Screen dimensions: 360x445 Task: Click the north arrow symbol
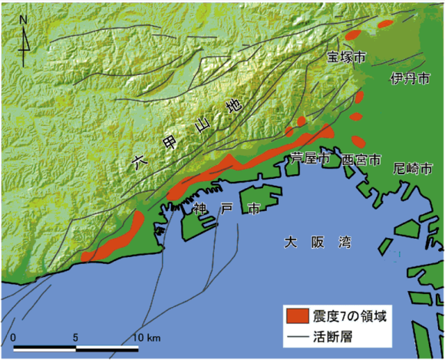[25, 40]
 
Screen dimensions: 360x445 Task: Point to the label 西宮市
[361, 160]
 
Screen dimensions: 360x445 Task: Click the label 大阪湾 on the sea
[317, 243]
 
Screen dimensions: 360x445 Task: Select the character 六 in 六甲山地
[139, 162]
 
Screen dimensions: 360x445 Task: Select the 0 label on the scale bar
[14, 339]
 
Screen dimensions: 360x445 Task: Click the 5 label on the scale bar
[75, 339]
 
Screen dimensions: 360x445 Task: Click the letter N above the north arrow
[25, 18]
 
